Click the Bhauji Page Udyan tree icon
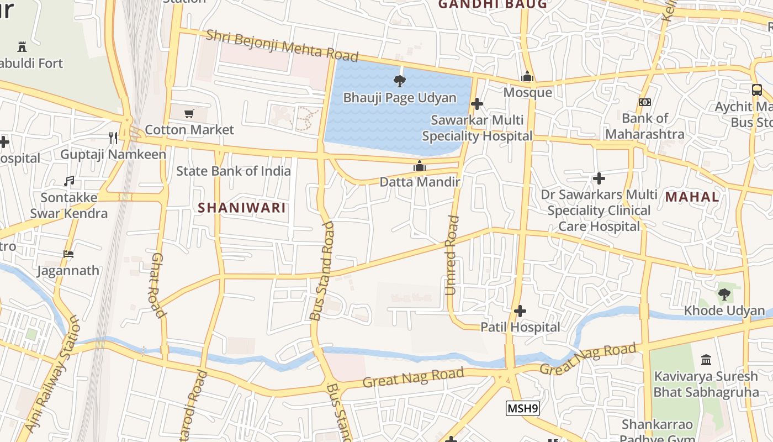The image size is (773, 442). (399, 81)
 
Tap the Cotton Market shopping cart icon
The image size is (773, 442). (189, 113)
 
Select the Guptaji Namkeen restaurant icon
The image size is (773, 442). (113, 138)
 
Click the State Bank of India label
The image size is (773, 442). (233, 171)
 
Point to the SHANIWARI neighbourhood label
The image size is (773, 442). (242, 208)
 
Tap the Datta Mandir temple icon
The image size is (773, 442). (420, 166)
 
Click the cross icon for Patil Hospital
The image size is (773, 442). (520, 311)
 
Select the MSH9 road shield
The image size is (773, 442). (522, 408)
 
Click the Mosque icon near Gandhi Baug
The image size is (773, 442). (527, 76)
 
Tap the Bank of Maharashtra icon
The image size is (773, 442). (644, 102)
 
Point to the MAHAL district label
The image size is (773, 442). (692, 197)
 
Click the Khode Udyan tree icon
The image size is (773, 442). (724, 294)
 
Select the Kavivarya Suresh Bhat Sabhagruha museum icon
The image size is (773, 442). (706, 360)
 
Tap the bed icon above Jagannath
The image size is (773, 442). (68, 254)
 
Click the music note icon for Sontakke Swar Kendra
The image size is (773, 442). (68, 181)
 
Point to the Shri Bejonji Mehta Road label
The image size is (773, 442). (282, 46)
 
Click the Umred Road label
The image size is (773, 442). (452, 255)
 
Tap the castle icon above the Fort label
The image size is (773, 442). (22, 46)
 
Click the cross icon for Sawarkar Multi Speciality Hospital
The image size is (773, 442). (477, 104)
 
